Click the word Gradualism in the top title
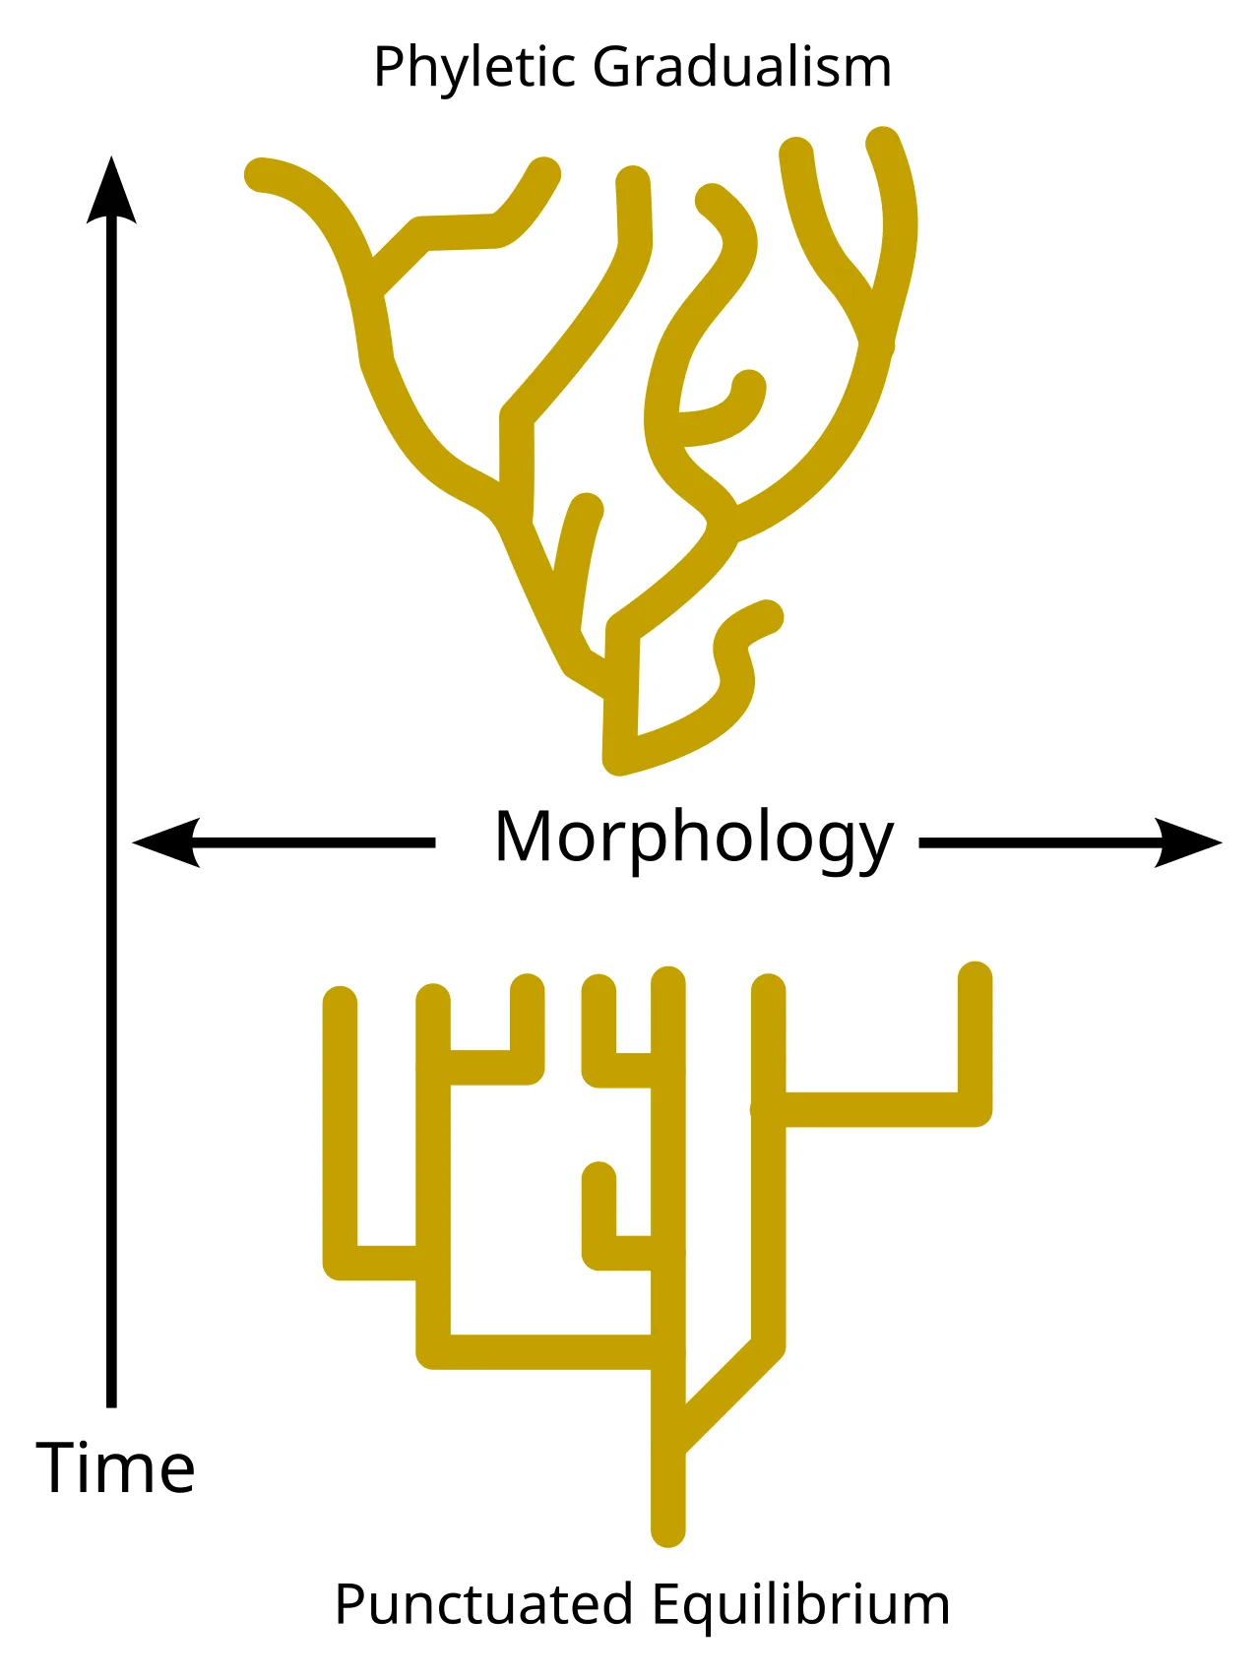tap(742, 67)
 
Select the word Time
tap(116, 1467)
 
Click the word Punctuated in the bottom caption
tap(483, 1604)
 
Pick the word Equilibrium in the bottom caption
tap(800, 1606)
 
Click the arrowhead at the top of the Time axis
tap(111, 189)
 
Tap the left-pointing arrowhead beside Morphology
tap(166, 842)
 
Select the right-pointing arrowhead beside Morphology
tap(1188, 842)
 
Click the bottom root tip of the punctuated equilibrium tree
tap(668, 1530)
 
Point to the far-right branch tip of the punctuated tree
tap(975, 977)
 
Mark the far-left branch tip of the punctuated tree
tap(340, 1003)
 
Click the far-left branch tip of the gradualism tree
tap(261, 174)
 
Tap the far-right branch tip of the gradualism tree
tap(882, 143)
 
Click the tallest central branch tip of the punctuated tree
tap(668, 983)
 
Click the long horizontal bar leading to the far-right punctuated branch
tap(871, 1109)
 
